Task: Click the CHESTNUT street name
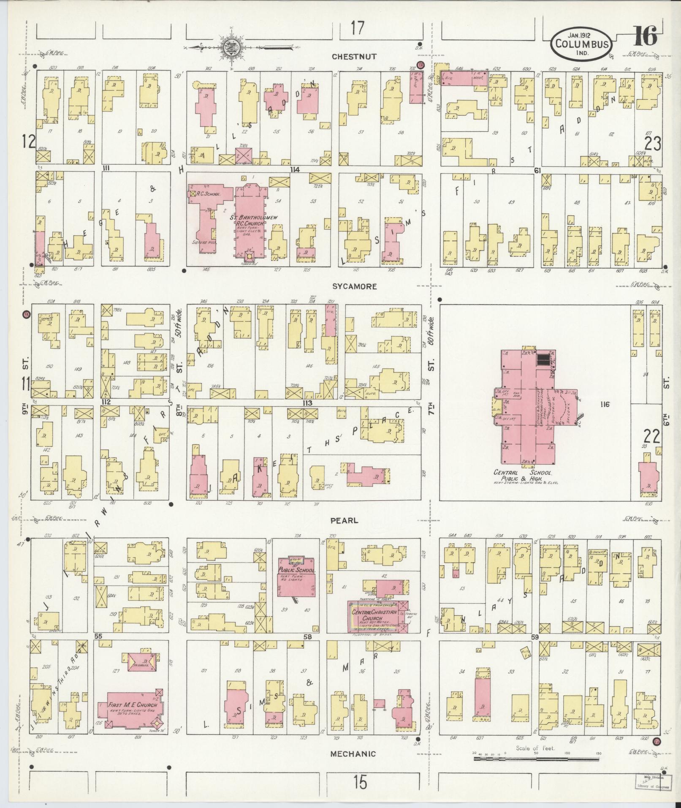354,57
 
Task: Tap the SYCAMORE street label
354,286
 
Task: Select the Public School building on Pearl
296,576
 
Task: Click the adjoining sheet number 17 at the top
357,29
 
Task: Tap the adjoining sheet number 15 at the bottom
360,783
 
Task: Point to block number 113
307,403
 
